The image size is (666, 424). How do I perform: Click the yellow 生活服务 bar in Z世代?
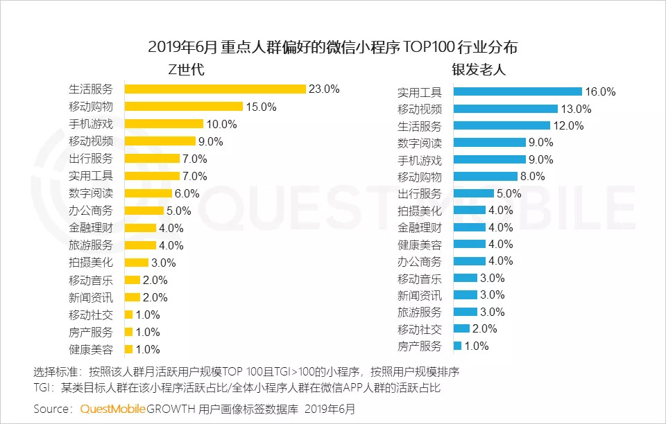click(x=215, y=89)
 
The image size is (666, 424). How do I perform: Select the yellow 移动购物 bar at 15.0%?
click(x=184, y=107)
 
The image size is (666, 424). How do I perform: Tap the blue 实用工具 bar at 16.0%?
click(x=517, y=92)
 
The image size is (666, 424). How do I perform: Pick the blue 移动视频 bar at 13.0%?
click(x=505, y=109)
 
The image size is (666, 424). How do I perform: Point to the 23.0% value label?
click(x=324, y=89)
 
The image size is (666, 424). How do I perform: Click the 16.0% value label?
click(x=601, y=92)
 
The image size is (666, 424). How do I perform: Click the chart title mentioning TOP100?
click(x=333, y=48)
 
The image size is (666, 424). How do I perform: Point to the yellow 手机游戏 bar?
click(x=164, y=124)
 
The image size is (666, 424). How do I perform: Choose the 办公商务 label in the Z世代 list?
click(x=91, y=211)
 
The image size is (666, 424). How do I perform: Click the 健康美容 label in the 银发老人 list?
click(x=419, y=245)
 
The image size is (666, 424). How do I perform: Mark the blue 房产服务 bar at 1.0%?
click(x=457, y=346)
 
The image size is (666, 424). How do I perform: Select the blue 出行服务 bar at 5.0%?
click(x=473, y=193)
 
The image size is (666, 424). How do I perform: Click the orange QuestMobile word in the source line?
click(x=113, y=409)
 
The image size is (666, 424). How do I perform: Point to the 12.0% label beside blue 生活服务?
click(x=569, y=126)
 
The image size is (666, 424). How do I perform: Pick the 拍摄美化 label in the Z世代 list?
click(x=91, y=263)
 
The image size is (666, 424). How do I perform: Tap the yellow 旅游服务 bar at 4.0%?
click(x=140, y=245)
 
